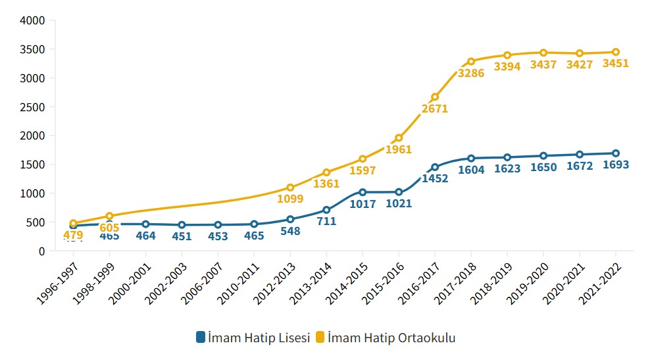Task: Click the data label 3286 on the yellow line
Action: [471, 74]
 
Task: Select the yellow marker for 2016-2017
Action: [435, 97]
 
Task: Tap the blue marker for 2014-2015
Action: [363, 192]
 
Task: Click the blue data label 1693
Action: [616, 165]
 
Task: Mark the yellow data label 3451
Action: [616, 64]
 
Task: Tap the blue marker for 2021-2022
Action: [616, 153]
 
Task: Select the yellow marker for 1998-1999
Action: [109, 216]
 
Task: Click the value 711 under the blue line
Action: [326, 221]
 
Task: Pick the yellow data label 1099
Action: [290, 198]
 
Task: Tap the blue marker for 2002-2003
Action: [182, 225]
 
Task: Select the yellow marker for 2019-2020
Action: [543, 53]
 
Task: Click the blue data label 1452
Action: [435, 178]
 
